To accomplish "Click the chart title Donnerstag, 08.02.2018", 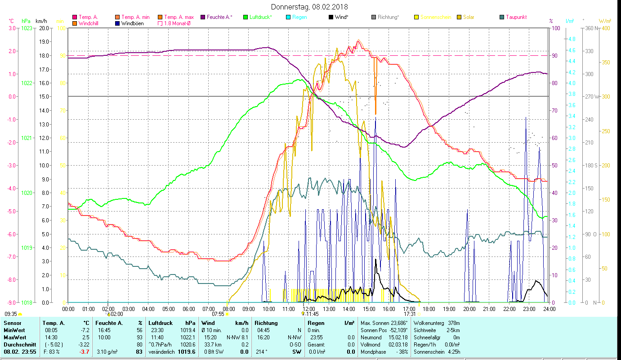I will click(x=309, y=7).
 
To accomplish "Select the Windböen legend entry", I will click(x=132, y=23).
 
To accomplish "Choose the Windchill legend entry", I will click(x=89, y=23).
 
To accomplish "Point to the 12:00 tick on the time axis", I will click(x=308, y=309).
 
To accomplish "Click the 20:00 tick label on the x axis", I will click(x=469, y=309).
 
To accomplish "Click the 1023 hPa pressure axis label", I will click(x=27, y=28).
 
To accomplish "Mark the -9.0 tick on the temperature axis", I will click(x=12, y=302).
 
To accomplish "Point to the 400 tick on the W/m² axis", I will click(x=606, y=28).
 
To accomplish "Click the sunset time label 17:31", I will click(x=409, y=314).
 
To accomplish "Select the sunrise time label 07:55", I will click(x=218, y=314).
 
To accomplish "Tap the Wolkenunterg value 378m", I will click(x=452, y=323).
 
